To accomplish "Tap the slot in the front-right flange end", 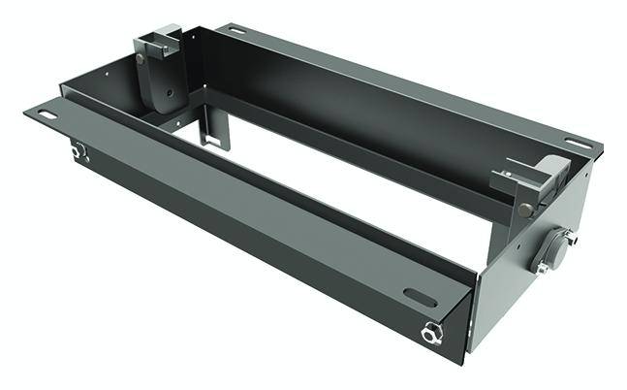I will coord(419,296).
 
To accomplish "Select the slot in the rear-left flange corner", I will coord(235,31).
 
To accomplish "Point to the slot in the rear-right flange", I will coord(575,145).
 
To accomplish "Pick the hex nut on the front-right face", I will coord(429,334).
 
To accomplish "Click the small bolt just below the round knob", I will coord(543,267).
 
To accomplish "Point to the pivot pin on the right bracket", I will coord(524,208).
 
